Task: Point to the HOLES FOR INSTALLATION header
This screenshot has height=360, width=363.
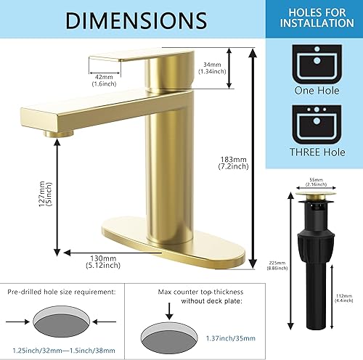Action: pos(317,17)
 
